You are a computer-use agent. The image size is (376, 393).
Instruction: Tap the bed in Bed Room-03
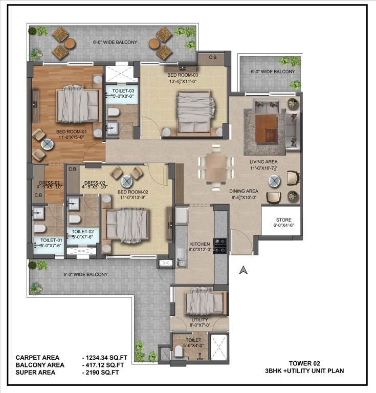(194, 110)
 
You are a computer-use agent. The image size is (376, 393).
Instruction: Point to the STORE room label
(283, 220)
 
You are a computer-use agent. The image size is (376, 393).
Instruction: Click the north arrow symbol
(244, 270)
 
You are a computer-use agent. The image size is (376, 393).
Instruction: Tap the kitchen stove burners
(220, 245)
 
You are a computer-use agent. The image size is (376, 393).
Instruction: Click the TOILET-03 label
(123, 91)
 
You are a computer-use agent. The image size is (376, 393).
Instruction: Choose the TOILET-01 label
(51, 240)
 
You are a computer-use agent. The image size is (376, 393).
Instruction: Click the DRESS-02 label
(95, 183)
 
